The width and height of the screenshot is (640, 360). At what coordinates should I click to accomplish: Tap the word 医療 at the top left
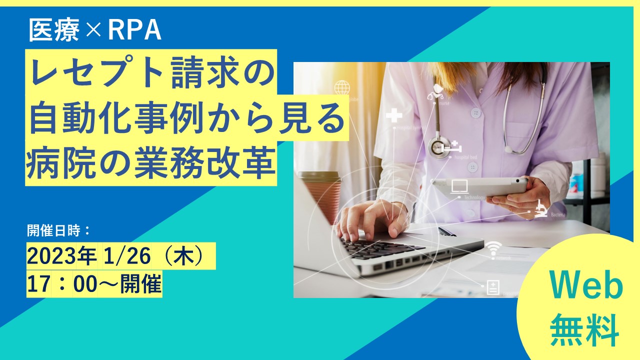[x=54, y=31]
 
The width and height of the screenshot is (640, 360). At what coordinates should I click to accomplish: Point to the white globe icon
[x=342, y=88]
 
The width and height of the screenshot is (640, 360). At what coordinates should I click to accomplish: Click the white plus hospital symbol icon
[x=394, y=116]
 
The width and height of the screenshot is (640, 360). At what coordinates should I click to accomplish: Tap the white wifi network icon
[x=494, y=247]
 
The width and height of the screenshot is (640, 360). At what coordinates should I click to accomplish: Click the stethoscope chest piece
[x=438, y=147]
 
